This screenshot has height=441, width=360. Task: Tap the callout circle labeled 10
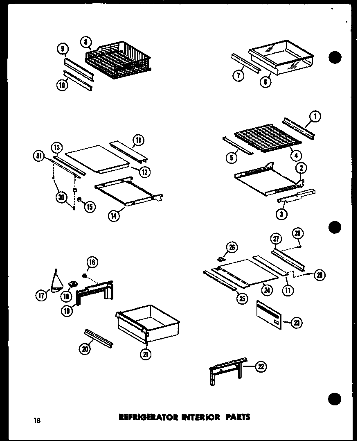62,86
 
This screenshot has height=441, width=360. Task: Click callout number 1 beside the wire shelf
315,117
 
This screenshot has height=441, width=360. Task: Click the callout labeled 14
114,215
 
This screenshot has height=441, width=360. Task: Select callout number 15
89,207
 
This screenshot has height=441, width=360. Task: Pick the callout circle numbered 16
92,262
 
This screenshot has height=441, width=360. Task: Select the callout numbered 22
260,366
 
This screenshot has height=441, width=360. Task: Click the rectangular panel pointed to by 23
270,315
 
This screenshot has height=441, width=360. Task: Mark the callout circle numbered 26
232,248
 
